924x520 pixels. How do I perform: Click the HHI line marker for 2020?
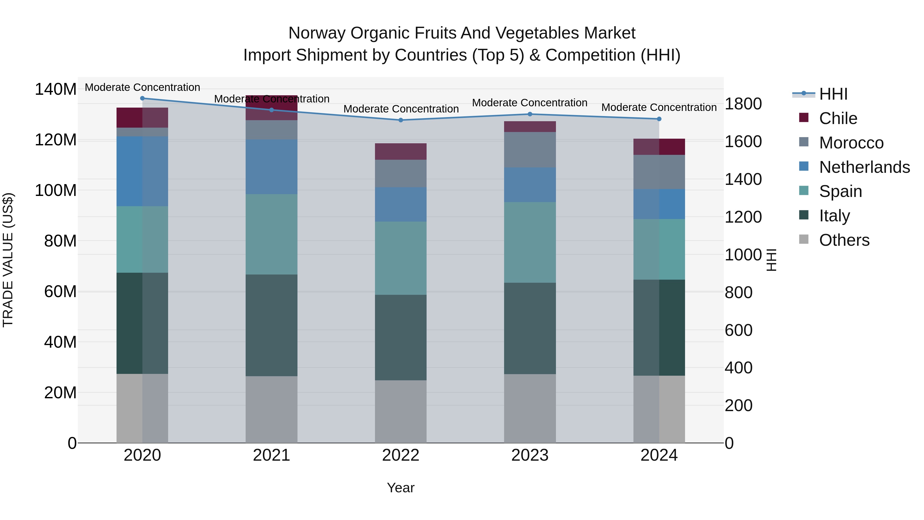click(142, 98)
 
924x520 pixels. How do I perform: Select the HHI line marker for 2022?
click(401, 120)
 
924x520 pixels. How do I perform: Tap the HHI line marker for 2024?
click(659, 119)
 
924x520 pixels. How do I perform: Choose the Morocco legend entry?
click(851, 143)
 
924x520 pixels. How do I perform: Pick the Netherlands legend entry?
click(864, 167)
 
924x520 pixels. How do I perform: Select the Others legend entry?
click(844, 240)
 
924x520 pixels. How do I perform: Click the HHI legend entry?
click(833, 94)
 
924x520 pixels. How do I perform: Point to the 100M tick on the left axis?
click(56, 190)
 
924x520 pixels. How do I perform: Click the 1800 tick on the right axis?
click(743, 104)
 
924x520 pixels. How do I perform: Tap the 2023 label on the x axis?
click(530, 455)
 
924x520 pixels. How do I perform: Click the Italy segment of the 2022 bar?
click(401, 337)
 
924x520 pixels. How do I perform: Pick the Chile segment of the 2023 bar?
click(530, 126)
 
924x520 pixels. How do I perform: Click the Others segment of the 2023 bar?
click(530, 408)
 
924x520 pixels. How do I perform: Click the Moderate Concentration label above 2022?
click(401, 109)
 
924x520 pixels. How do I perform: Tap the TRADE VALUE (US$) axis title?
click(8, 260)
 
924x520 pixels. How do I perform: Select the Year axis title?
click(401, 488)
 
